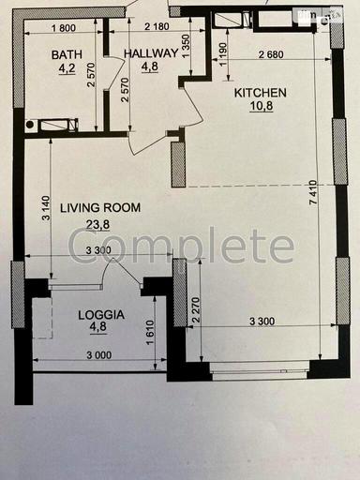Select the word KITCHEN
coord(259,93)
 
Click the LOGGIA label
coord(102,316)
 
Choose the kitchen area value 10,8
coord(259,107)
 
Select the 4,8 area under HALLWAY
coord(150,67)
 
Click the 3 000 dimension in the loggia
coord(97,355)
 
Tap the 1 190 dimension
coord(222,54)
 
